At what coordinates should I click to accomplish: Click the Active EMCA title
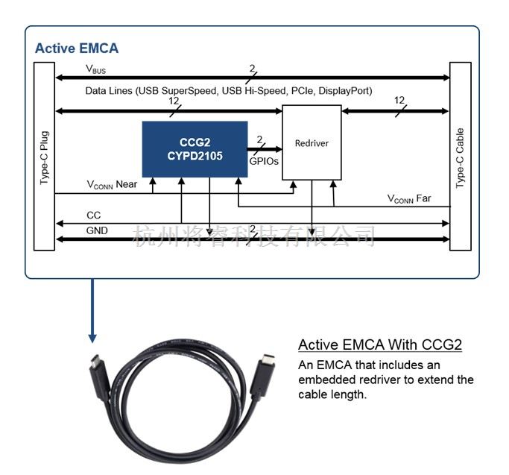coord(77,48)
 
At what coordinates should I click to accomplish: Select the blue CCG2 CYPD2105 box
coord(195,149)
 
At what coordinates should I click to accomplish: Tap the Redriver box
coord(312,142)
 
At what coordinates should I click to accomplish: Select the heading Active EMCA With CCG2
coord(380,345)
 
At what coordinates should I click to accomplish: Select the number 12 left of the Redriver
coord(174,100)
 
